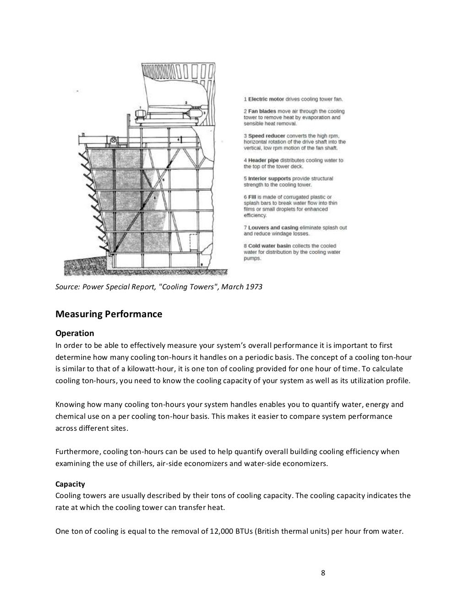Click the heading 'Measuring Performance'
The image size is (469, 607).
[x=109, y=314]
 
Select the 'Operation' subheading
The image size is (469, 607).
[x=75, y=333]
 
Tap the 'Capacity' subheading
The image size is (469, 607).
[x=70, y=484]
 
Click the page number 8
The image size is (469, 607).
[x=323, y=573]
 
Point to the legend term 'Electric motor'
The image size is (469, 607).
[x=266, y=99]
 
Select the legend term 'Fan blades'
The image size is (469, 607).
[x=262, y=111]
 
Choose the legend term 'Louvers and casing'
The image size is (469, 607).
[x=273, y=228]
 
